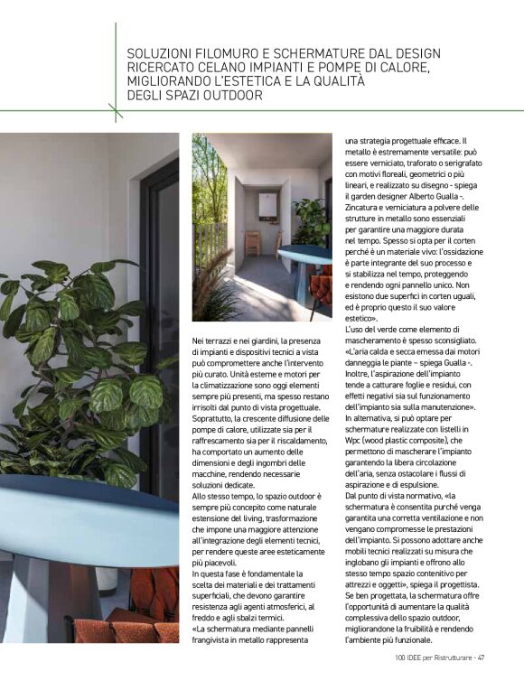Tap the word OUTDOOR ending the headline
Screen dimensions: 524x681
click(229, 95)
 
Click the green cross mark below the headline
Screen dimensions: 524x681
click(116, 112)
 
